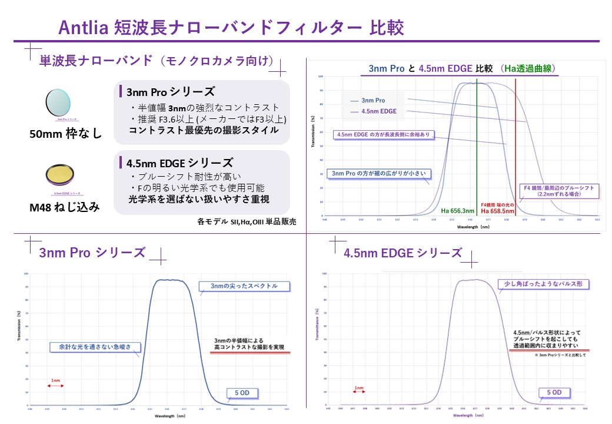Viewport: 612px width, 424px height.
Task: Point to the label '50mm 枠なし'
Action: (x=66, y=134)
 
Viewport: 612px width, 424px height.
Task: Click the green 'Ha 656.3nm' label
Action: (x=458, y=210)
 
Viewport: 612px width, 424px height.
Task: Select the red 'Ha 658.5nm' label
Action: (x=497, y=211)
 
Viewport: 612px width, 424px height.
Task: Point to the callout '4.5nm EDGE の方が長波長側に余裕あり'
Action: (x=384, y=135)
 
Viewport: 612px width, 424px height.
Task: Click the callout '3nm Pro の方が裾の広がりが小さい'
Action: (x=378, y=174)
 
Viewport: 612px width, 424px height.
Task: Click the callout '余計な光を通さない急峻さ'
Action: (x=94, y=346)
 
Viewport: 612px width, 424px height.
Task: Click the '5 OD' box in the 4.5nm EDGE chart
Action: (x=554, y=392)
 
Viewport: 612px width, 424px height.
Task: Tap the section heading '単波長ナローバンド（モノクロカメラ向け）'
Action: (x=157, y=61)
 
